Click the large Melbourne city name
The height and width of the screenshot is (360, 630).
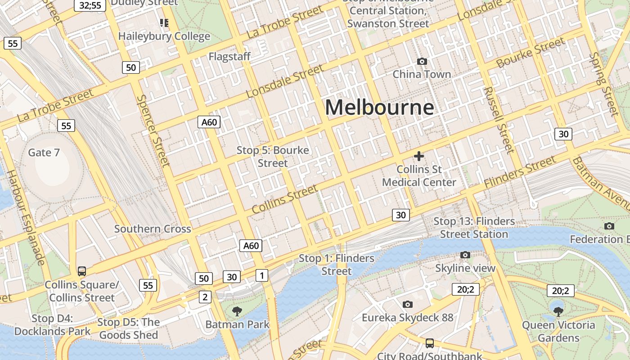379,108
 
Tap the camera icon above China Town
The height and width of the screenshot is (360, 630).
422,61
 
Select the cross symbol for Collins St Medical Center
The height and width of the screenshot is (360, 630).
419,156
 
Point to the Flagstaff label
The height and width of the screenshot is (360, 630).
229,57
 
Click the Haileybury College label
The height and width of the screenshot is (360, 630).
164,36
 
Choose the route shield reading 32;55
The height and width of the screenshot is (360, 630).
90,5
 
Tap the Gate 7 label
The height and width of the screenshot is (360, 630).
44,153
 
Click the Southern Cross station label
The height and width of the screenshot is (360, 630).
153,229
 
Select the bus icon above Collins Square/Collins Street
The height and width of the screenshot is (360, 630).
81,271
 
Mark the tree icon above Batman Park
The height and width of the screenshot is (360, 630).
237,311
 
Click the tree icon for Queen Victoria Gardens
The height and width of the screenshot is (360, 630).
558,311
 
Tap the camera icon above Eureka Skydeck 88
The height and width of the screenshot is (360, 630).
407,305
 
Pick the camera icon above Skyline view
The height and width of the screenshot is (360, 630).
465,255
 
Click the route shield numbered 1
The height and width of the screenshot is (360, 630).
261,275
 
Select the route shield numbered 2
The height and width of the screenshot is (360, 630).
205,297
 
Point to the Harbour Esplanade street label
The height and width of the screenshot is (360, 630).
26,217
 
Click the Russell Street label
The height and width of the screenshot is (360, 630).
499,120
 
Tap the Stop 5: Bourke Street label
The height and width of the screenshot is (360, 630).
273,157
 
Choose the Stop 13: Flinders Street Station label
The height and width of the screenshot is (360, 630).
474,228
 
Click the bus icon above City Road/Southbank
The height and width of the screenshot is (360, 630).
429,343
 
